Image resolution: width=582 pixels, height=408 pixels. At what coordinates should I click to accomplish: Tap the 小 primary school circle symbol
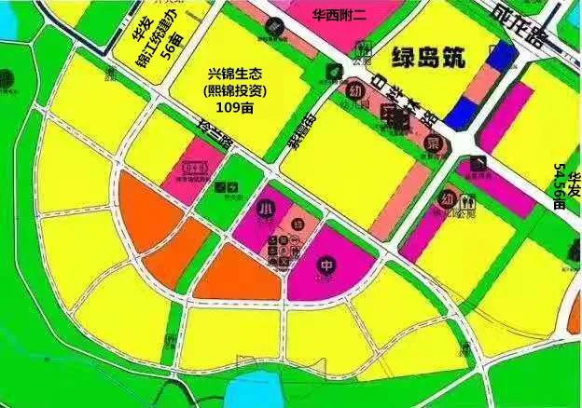[267, 207]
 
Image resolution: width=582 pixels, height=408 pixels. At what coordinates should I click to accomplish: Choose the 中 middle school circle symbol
[327, 264]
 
